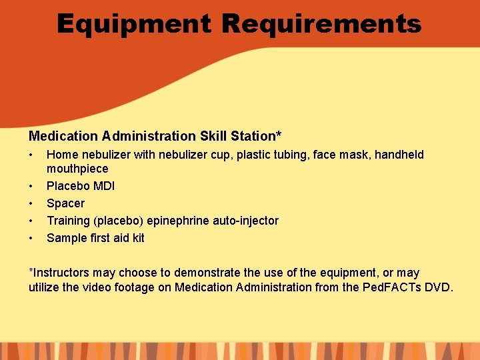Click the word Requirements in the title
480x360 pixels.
321,25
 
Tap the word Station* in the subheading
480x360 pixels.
256,137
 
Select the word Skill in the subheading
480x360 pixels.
213,137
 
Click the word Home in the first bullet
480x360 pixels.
63,155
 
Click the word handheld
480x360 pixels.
399,155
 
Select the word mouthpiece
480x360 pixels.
77,169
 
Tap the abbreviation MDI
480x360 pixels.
103,186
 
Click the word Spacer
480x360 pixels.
65,203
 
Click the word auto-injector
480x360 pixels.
249,221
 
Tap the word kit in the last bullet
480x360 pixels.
137,238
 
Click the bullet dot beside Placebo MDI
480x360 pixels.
31,186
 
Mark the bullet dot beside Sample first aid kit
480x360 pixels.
31,238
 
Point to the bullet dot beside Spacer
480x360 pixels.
31,203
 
